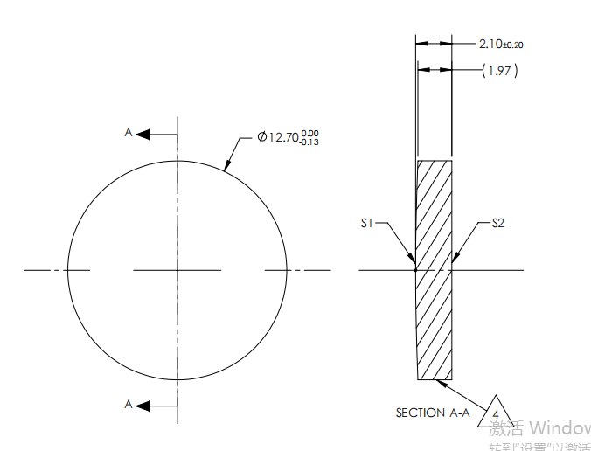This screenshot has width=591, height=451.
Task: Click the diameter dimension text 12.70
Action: click(x=282, y=137)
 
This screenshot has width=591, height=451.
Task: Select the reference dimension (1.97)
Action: click(x=500, y=71)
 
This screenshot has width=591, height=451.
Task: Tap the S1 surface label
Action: click(x=367, y=224)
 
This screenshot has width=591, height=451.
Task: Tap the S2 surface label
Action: click(x=497, y=224)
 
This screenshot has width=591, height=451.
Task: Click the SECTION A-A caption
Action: click(x=432, y=413)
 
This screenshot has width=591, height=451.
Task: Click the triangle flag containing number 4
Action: click(x=496, y=413)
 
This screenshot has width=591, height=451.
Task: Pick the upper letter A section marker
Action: click(x=128, y=133)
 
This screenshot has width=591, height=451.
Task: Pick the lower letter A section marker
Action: click(x=128, y=404)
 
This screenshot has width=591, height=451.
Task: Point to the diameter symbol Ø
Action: click(x=261, y=137)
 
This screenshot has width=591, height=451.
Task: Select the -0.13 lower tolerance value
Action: click(x=309, y=142)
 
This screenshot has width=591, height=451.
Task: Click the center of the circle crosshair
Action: click(x=177, y=270)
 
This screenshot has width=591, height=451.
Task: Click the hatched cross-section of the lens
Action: click(x=435, y=270)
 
